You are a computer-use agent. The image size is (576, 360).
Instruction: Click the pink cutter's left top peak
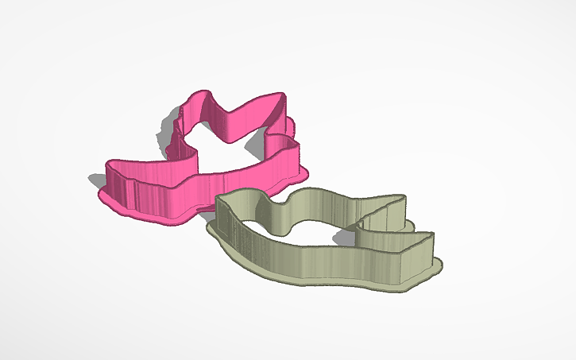[194, 100]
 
